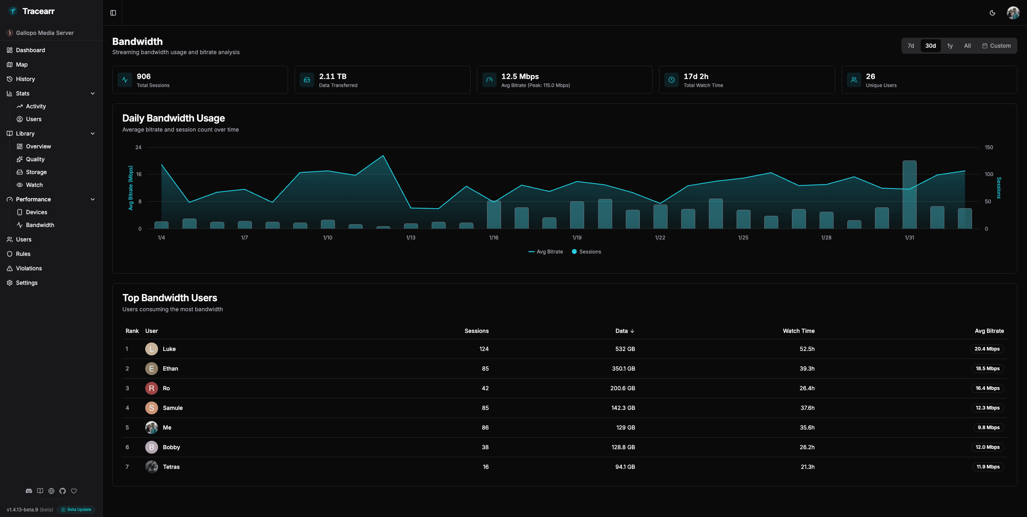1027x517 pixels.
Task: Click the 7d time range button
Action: click(911, 46)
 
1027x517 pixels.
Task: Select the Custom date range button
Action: click(996, 46)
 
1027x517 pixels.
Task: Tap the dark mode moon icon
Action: click(992, 13)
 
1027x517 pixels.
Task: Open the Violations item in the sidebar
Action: click(29, 268)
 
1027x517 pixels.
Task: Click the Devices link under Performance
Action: click(37, 212)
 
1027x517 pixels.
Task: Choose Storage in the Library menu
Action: click(36, 172)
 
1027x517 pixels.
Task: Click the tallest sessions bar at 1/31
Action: click(909, 195)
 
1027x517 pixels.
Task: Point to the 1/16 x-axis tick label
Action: click(493, 238)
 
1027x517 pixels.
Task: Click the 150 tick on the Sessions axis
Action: click(988, 148)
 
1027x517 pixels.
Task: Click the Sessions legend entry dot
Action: click(574, 252)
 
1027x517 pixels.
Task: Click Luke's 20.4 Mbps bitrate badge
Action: click(987, 349)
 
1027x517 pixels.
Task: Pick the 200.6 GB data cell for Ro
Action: click(623, 388)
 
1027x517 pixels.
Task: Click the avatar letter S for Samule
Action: click(151, 408)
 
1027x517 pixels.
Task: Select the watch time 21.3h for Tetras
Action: click(807, 467)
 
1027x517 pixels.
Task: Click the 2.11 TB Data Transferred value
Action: click(333, 77)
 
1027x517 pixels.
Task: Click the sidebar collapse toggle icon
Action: click(113, 13)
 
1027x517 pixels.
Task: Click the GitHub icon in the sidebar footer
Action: click(63, 491)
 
